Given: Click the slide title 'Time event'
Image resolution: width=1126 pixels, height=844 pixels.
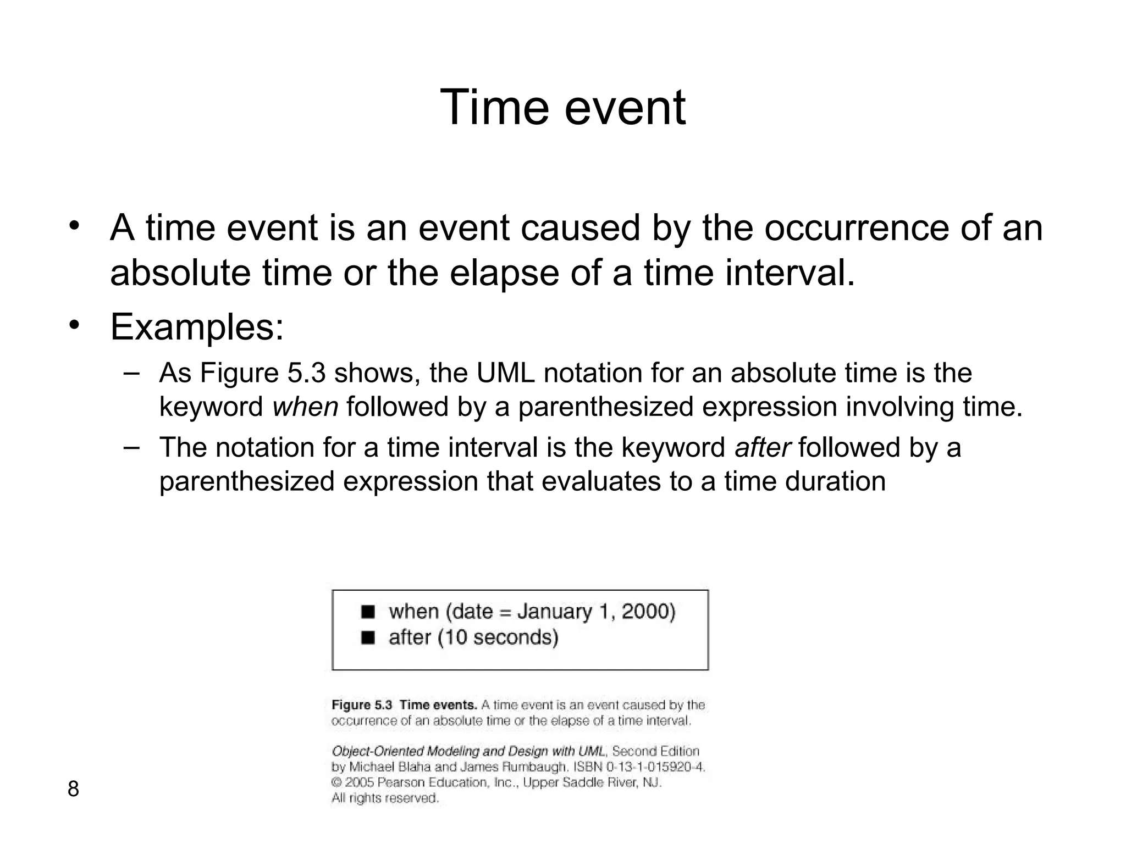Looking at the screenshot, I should click(562, 108).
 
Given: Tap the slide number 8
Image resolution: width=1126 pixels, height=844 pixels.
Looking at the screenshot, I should click(73, 789).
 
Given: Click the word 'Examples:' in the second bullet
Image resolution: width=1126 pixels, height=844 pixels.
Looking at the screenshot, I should click(197, 327).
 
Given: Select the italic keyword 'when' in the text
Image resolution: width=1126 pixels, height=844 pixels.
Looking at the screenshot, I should click(305, 407).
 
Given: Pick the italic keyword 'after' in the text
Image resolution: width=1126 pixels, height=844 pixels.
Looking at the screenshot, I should click(762, 447).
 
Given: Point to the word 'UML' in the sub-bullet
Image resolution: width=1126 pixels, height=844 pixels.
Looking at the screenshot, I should click(505, 373).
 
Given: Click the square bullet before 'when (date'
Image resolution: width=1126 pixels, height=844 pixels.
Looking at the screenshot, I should click(368, 612).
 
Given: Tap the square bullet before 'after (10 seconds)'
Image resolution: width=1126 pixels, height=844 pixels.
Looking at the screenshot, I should click(368, 637).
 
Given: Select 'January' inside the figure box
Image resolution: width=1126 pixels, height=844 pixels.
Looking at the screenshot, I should click(554, 612).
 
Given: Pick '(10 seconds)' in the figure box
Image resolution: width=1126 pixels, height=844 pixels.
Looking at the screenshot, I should click(498, 637).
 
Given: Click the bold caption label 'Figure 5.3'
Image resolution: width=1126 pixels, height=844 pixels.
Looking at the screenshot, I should click(361, 705).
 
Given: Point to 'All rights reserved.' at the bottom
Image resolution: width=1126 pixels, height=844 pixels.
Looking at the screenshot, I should click(385, 798).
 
